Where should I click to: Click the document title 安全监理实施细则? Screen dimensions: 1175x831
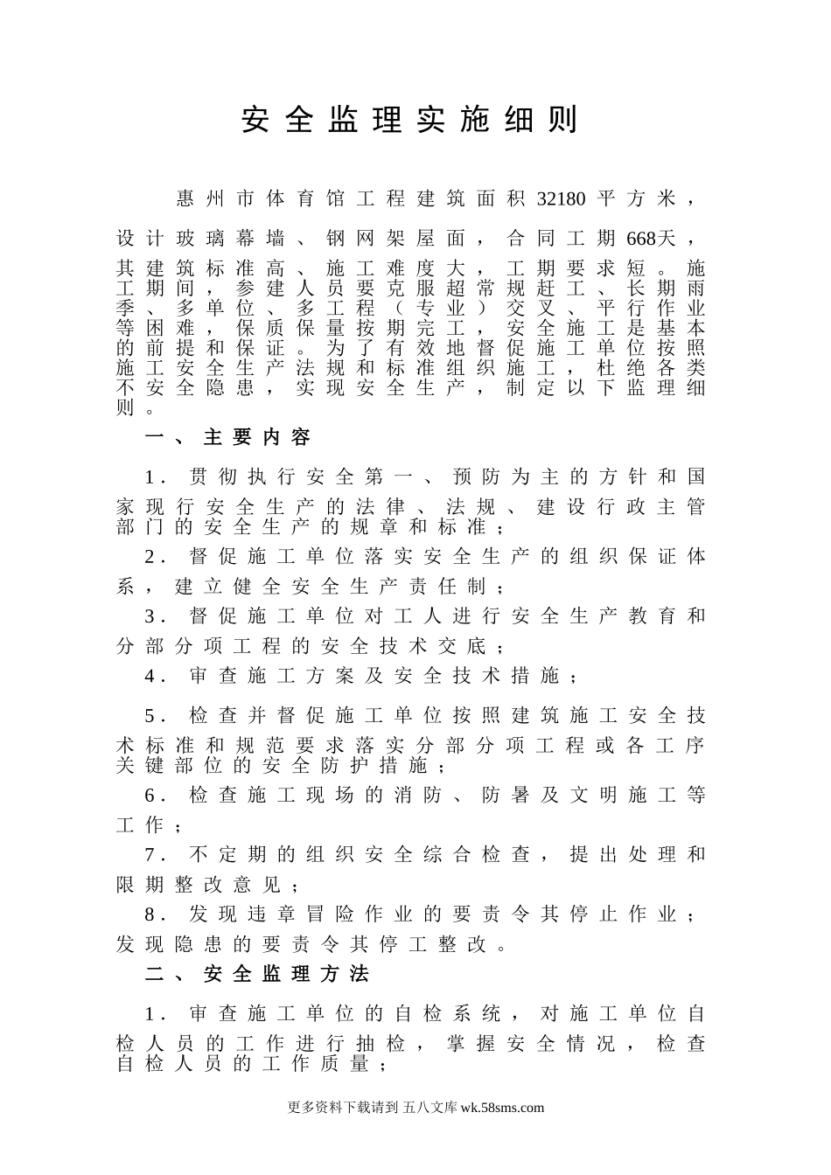click(x=409, y=121)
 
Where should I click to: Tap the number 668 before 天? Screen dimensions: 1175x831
click(x=641, y=238)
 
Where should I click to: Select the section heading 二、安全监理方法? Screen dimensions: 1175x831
click(x=257, y=974)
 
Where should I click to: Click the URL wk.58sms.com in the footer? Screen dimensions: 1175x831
click(x=501, y=1107)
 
